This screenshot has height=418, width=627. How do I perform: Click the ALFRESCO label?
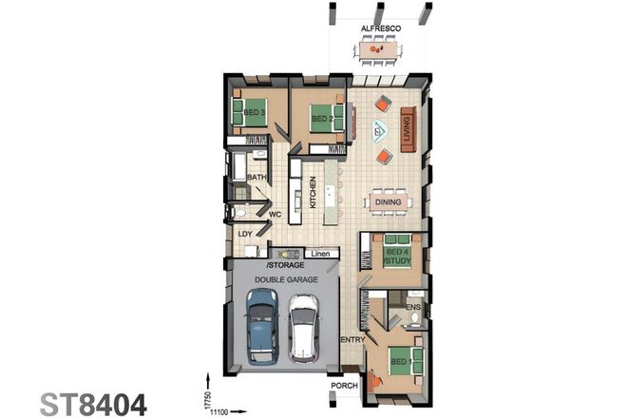[380, 29]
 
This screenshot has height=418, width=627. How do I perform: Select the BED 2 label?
[322, 119]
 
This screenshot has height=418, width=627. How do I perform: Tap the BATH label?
[256, 178]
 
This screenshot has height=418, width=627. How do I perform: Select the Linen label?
[318, 254]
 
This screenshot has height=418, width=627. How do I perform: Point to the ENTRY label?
[352, 339]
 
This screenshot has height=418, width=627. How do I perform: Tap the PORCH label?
[343, 387]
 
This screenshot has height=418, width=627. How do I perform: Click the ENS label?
[413, 307]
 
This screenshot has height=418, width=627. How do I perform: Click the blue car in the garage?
[261, 326]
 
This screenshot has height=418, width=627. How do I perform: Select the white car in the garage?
[304, 328]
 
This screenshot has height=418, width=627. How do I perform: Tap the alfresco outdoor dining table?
[379, 48]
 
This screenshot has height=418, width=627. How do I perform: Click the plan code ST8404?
[94, 403]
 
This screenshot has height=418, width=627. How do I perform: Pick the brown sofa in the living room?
[408, 129]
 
